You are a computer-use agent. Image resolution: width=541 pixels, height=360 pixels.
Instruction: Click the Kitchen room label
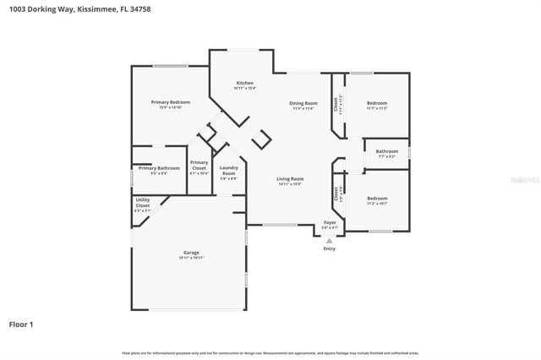tap(244, 83)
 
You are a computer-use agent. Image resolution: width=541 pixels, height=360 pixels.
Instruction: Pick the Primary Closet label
tap(199, 165)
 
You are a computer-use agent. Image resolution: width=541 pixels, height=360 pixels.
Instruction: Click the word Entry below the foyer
tap(330, 248)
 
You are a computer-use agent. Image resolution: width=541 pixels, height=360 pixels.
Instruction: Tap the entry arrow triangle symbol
tap(330, 239)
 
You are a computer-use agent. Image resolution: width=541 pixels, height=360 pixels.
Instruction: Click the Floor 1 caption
tap(21, 324)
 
